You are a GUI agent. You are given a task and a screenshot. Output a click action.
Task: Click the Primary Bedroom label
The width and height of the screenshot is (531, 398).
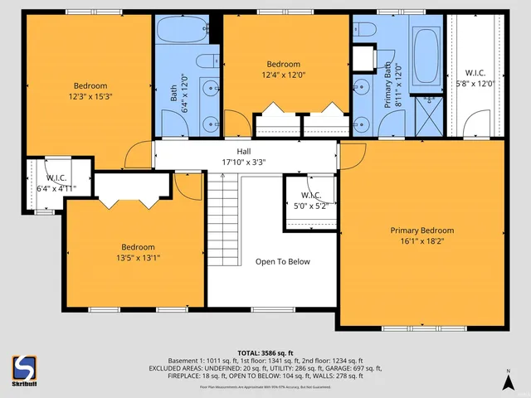tap(422, 231)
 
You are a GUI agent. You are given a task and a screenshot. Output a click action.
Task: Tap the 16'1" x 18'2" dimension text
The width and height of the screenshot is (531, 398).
tap(422, 242)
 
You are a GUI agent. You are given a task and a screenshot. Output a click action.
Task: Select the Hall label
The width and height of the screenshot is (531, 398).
tap(244, 152)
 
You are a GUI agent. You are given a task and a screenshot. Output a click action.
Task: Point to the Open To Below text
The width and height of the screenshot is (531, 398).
tap(282, 262)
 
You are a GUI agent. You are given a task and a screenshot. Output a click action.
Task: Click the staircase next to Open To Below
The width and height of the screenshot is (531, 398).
tap(222, 221)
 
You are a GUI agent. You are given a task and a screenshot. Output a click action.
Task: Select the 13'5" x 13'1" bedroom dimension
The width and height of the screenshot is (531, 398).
tap(138, 258)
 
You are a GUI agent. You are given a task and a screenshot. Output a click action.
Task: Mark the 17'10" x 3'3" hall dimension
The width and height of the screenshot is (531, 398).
tap(244, 163)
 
